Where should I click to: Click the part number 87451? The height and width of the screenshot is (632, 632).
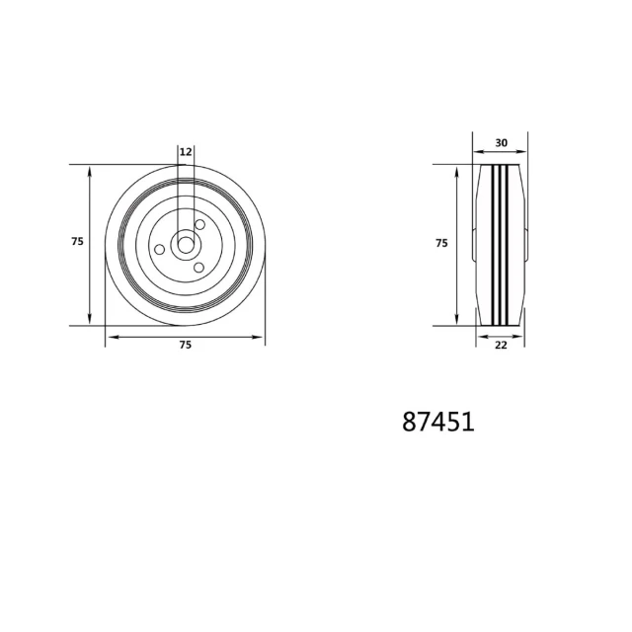[x=438, y=422]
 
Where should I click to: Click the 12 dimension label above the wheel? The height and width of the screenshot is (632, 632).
[x=186, y=152]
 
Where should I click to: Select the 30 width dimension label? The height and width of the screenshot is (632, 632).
[x=501, y=142]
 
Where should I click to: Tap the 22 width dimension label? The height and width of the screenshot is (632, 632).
[x=501, y=345]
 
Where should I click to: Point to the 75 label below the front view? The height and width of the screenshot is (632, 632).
[x=185, y=345]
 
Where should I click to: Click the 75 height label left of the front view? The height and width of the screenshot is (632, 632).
[x=77, y=241]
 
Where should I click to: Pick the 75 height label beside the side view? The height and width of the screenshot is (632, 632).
[x=441, y=243]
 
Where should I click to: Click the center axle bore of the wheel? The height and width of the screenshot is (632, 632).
[x=186, y=245]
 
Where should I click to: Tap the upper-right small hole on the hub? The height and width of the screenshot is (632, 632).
[x=199, y=224]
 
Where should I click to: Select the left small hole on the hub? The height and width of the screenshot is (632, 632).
[x=160, y=250]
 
